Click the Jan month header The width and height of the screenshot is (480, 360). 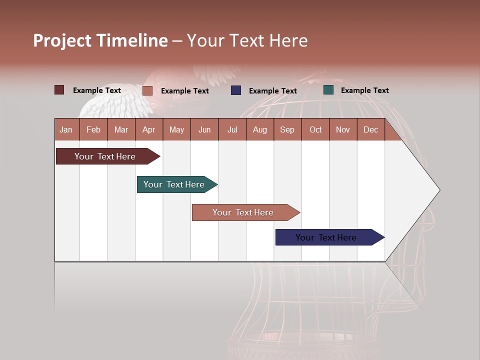[x=66, y=129]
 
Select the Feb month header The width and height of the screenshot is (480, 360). [x=93, y=129]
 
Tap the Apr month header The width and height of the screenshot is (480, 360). [x=149, y=129]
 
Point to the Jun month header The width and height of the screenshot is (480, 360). [x=204, y=129]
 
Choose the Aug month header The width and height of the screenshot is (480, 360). [x=260, y=129]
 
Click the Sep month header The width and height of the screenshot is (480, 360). [x=287, y=129]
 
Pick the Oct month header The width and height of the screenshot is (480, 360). [x=315, y=129]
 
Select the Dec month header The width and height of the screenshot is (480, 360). [x=371, y=129]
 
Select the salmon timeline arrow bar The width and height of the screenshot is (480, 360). [x=244, y=212]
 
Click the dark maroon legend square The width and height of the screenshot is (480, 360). [x=59, y=90]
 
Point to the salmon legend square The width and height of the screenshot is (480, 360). [x=147, y=90]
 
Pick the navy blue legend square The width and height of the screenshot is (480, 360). [x=236, y=90]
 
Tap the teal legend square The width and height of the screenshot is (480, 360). [x=328, y=90]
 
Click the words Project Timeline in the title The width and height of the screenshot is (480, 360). [x=100, y=40]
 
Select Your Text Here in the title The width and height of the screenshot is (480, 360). [x=247, y=40]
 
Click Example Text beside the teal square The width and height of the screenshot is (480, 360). [x=364, y=90]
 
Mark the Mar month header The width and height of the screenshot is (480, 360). [x=121, y=129]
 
